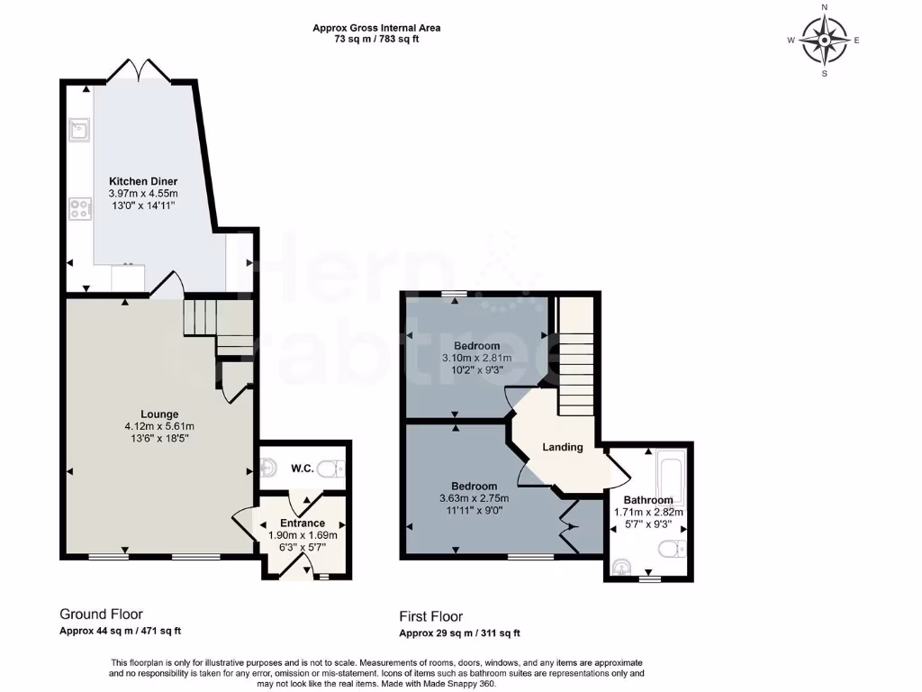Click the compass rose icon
click(x=824, y=41)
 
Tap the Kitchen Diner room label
click(x=143, y=180)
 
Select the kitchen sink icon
click(x=79, y=132)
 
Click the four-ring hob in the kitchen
click(x=79, y=209)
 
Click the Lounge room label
click(x=158, y=414)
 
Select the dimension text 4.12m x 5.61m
click(x=158, y=426)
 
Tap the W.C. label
click(x=301, y=469)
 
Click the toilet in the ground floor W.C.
click(x=333, y=469)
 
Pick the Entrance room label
click(x=302, y=523)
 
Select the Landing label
click(x=563, y=447)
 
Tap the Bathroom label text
click(x=648, y=500)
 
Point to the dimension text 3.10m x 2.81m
click(x=476, y=358)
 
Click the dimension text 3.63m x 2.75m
click(x=474, y=498)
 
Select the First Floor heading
click(x=431, y=617)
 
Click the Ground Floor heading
click(x=101, y=615)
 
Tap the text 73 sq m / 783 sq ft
click(x=376, y=39)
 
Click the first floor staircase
click(x=574, y=360)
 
